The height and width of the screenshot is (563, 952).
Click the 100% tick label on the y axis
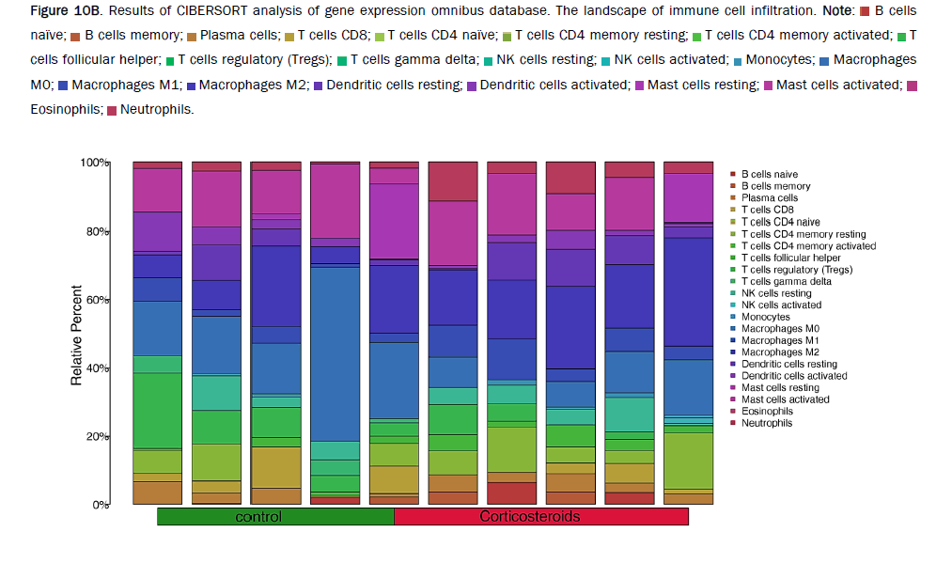[95, 163]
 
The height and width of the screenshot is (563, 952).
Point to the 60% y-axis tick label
[98, 300]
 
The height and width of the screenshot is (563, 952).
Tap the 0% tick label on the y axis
[101, 505]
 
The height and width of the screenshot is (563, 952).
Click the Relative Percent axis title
[76, 336]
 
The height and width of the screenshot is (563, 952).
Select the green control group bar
[274, 517]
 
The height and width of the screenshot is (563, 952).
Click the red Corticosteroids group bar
[540, 517]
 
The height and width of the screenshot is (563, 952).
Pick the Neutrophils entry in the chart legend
[766, 423]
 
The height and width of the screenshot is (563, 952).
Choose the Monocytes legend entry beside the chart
[765, 317]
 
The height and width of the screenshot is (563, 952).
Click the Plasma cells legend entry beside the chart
[769, 198]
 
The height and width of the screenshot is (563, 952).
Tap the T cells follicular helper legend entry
[790, 258]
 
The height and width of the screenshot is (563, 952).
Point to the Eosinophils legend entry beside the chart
[766, 412]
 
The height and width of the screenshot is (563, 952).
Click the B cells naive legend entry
[769, 175]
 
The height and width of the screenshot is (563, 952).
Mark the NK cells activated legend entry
[781, 305]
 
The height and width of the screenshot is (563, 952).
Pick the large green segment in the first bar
[157, 410]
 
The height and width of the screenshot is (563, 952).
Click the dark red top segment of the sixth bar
[453, 180]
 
